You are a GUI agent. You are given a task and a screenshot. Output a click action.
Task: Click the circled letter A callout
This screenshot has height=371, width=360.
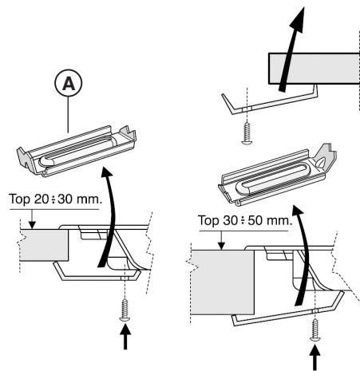tap(69, 83)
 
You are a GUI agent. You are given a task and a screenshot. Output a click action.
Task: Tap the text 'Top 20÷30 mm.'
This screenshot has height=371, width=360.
tap(55, 199)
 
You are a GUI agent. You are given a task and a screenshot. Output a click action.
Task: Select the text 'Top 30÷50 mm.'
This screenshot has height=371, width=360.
tap(245, 220)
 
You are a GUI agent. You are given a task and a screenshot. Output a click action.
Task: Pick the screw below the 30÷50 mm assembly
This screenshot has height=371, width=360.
tap(315, 330)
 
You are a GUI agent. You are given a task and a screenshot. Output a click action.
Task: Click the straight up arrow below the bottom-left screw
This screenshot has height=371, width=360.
tap(125, 337)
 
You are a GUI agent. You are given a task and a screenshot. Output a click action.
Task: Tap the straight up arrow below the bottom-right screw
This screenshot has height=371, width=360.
tap(315, 357)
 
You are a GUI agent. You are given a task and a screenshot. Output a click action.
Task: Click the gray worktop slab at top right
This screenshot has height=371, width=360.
tap(314, 69)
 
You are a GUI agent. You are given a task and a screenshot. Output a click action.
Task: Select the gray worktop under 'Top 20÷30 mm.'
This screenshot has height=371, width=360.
tap(44, 245)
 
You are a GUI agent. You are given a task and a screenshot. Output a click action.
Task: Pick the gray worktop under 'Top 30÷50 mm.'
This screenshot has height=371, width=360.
tap(223, 282)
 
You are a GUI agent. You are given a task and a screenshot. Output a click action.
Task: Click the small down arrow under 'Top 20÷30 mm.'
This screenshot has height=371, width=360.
tap(32, 219)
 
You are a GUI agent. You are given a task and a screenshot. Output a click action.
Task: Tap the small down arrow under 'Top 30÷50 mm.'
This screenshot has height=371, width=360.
tap(221, 241)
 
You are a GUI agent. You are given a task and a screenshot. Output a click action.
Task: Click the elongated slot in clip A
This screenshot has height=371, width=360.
tap(77, 151)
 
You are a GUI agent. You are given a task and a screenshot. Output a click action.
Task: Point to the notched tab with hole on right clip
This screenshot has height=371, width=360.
tap(325, 158)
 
